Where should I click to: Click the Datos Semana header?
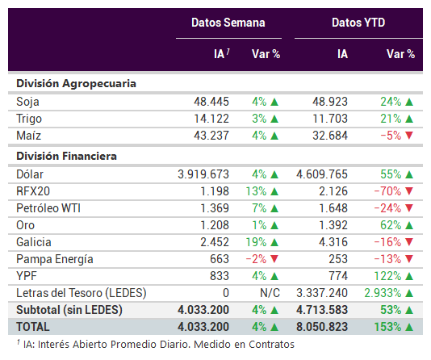[x=228, y=23]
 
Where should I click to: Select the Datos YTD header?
[x=358, y=23]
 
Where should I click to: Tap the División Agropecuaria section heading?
[x=76, y=83]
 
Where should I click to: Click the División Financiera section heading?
[x=66, y=156]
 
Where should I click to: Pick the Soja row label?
[x=27, y=102]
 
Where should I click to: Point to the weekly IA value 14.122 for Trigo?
[x=211, y=119]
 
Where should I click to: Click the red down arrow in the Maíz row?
[x=409, y=136]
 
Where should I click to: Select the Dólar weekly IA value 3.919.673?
[x=203, y=174]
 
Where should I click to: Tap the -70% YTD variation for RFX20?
[x=387, y=191]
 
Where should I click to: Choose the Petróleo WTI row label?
[x=48, y=208]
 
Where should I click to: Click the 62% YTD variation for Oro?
[x=391, y=225]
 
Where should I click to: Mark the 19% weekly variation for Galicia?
[x=256, y=242]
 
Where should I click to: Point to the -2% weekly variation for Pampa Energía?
[x=256, y=259]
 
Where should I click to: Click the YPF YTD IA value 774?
[x=338, y=276]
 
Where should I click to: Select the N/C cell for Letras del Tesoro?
[x=270, y=293]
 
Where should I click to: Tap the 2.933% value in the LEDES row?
[x=383, y=293]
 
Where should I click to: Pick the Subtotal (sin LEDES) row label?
[x=69, y=310]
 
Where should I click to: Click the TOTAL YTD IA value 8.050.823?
[x=322, y=327]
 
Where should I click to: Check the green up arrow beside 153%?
[x=409, y=327]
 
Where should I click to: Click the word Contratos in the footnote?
[x=271, y=345]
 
